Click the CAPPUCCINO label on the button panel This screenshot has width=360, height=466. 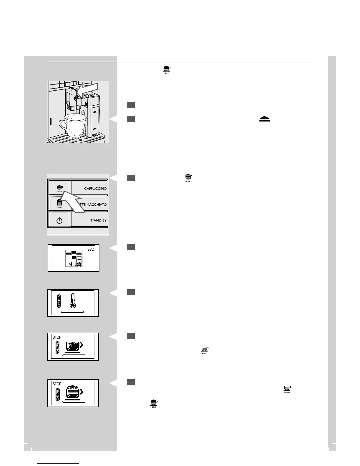coord(95,189)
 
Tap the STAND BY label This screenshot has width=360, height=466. coord(98,220)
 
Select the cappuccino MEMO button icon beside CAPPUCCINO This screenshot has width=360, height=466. coord(60,188)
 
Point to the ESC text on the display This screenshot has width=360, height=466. coord(91,249)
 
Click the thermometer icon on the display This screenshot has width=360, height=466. coord(72,301)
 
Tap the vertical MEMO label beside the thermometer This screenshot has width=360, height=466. coord(59,301)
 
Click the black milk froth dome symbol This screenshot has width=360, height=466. coord(264,119)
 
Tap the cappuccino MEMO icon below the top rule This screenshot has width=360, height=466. coord(166,69)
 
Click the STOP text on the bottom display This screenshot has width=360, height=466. coord(57,384)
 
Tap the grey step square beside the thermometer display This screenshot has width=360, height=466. coord(131,292)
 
